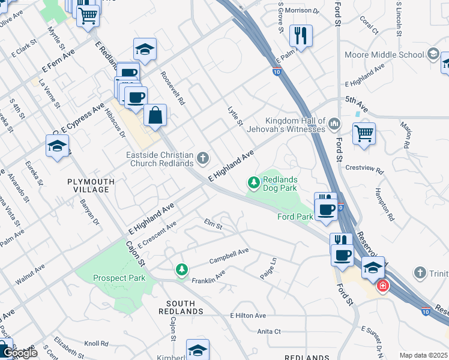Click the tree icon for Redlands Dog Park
(x=254, y=181)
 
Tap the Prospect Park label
(x=119, y=278)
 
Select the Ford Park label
(x=295, y=217)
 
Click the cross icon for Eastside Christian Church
(x=203, y=158)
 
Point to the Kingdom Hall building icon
(x=334, y=124)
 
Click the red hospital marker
(x=382, y=287)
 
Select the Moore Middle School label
(x=384, y=55)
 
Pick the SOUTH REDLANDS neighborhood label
(x=177, y=307)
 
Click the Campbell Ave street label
(x=228, y=257)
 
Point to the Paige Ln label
(x=268, y=267)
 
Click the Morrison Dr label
(x=302, y=11)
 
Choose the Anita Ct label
(x=269, y=331)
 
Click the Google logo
(x=19, y=353)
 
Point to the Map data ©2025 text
(x=423, y=355)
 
